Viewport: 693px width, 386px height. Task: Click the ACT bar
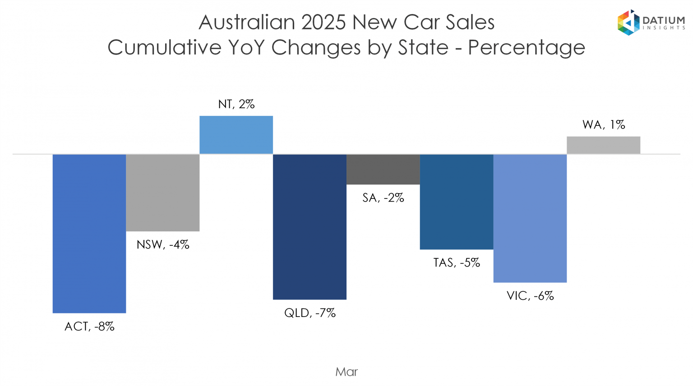point(89,234)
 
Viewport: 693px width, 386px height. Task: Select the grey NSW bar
point(163,193)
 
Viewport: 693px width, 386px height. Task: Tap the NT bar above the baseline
point(236,135)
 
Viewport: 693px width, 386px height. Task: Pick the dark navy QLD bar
point(310,227)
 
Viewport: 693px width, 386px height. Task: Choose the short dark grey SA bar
point(383,169)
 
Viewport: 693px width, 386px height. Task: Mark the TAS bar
point(457,202)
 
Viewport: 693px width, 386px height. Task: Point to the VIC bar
point(530,218)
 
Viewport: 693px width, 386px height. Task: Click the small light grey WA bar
point(603,145)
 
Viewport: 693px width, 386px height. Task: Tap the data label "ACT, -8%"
point(89,326)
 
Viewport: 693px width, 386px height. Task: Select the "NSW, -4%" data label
point(163,245)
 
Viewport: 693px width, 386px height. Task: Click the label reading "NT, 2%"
point(236,104)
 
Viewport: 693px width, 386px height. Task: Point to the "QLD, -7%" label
point(310,313)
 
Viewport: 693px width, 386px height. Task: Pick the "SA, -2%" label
point(383,198)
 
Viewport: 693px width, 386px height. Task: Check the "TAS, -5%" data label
point(457,263)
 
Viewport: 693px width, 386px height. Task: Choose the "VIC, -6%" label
point(530,296)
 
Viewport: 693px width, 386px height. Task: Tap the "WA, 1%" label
point(604,124)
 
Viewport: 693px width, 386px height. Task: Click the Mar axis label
point(346,372)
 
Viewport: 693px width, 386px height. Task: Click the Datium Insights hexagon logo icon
point(628,23)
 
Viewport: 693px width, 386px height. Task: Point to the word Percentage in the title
point(527,47)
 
